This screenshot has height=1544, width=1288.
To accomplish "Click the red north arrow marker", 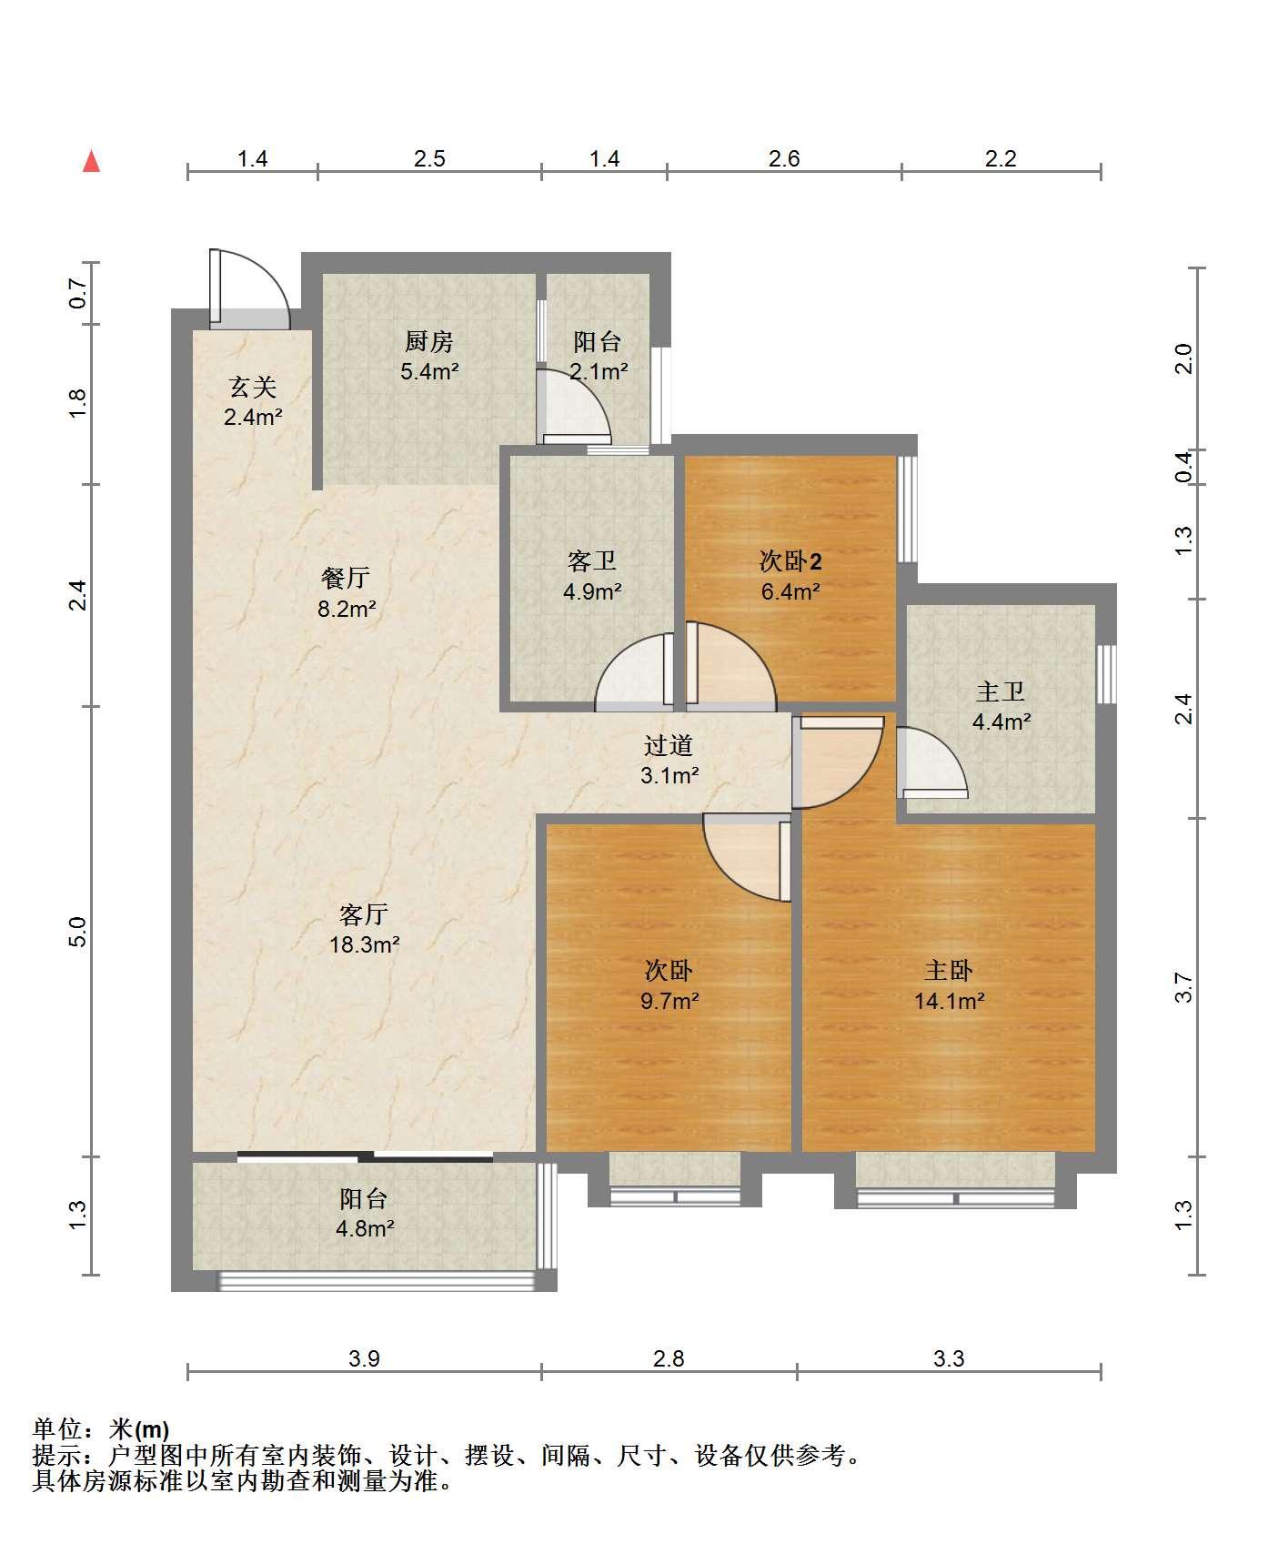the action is tap(91, 161).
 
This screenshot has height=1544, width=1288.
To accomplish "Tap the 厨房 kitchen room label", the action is tap(428, 342).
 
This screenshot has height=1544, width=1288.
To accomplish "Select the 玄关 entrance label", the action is tap(252, 388).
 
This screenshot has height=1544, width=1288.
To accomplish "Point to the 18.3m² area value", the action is tap(365, 944).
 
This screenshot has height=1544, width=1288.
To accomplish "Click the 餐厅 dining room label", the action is tap(346, 578).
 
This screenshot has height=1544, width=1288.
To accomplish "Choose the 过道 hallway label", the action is tap(669, 745).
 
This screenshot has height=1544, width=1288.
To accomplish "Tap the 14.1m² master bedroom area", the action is tap(950, 1001).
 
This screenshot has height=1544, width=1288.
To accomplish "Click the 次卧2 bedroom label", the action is tap(790, 561).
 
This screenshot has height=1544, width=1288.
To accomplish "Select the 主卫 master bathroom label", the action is tap(1001, 692).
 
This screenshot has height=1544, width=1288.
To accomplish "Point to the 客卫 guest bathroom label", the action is tap(592, 561).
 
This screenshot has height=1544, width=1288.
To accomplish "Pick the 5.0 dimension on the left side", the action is tap(78, 931).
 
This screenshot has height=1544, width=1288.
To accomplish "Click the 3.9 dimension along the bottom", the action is tap(364, 1358).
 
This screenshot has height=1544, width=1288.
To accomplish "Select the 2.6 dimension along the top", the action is tap(784, 159).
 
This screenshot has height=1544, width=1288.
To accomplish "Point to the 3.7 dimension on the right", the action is tap(1182, 987).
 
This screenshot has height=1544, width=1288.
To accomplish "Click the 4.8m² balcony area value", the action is tap(365, 1228).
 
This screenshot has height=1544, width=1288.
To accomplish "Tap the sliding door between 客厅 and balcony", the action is tap(366, 1157).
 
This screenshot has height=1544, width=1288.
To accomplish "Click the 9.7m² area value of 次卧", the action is tap(669, 1001).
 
